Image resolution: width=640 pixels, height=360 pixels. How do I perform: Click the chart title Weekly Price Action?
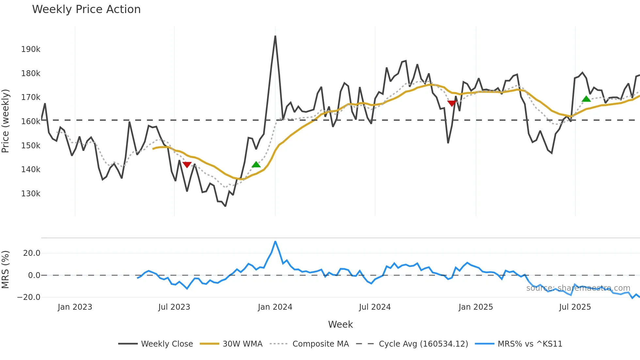pyautogui.click(x=86, y=9)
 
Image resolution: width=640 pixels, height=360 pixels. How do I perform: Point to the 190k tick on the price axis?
pyautogui.click(x=31, y=49)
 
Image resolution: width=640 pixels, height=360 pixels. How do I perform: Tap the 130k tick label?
pyautogui.click(x=31, y=194)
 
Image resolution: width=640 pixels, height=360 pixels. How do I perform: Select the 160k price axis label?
pyautogui.click(x=31, y=122)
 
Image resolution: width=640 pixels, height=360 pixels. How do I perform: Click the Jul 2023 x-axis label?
pyautogui.click(x=174, y=307)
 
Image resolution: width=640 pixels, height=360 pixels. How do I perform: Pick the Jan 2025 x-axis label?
pyautogui.click(x=475, y=307)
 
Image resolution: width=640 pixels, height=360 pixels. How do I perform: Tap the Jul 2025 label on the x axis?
pyautogui.click(x=575, y=307)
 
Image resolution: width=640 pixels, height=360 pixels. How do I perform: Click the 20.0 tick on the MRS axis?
pyautogui.click(x=32, y=253)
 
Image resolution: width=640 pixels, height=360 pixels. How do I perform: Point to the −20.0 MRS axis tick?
pyautogui.click(x=29, y=297)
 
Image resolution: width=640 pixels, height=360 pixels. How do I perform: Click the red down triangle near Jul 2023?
pyautogui.click(x=187, y=165)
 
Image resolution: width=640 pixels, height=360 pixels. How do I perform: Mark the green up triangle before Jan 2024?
pyautogui.click(x=256, y=164)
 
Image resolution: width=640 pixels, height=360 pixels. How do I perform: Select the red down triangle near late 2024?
pyautogui.click(x=452, y=104)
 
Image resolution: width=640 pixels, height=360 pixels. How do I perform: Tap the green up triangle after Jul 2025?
pyautogui.click(x=586, y=99)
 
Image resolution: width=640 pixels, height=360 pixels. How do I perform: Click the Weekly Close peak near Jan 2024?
pyautogui.click(x=275, y=36)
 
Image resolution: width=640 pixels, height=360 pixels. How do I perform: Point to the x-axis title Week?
pyautogui.click(x=340, y=324)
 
